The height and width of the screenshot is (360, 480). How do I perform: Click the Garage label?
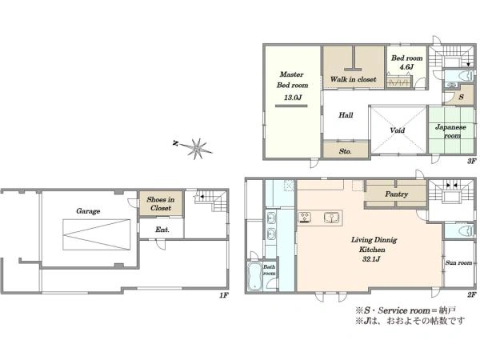click(88, 211)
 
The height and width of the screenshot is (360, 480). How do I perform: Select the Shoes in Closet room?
click(161, 203)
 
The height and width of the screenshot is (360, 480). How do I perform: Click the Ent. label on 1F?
click(162, 230)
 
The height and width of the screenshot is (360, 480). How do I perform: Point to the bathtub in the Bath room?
click(254, 276)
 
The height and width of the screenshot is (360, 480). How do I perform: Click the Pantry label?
click(397, 194)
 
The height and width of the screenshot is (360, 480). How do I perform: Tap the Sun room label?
click(458, 262)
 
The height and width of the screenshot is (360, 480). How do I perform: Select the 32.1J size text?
click(371, 259)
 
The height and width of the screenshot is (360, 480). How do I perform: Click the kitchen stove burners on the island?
click(305, 217)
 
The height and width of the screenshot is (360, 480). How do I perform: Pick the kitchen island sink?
click(332, 218)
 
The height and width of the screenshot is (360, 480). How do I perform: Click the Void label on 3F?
click(398, 130)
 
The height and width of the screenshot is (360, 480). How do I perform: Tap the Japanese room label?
click(451, 131)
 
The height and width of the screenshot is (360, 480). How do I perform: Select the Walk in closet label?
click(354, 79)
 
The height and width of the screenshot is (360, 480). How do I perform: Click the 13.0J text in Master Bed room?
click(293, 98)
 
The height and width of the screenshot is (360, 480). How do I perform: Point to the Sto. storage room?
click(346, 150)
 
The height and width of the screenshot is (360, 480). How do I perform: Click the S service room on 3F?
click(462, 97)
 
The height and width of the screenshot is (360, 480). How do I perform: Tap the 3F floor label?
click(472, 161)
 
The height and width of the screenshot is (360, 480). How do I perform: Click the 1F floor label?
click(224, 295)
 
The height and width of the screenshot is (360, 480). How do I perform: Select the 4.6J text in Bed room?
click(407, 66)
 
